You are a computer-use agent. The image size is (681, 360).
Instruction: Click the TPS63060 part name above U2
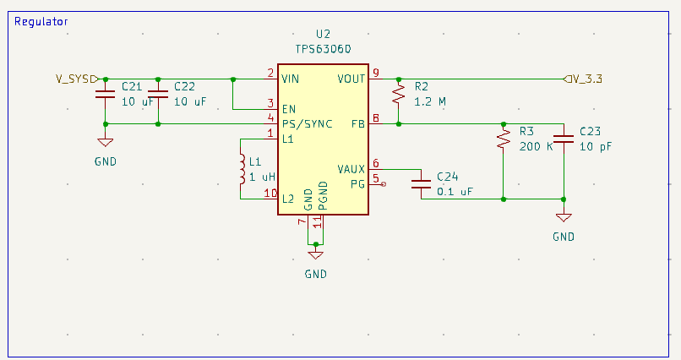click(x=323, y=49)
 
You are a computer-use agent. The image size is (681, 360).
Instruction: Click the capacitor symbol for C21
click(x=105, y=93)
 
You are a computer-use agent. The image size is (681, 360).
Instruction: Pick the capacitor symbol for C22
click(x=158, y=93)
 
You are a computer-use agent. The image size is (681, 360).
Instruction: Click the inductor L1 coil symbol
click(x=242, y=168)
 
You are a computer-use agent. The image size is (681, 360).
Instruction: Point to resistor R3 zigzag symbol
click(x=504, y=138)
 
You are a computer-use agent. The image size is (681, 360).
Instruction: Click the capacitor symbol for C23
click(x=563, y=138)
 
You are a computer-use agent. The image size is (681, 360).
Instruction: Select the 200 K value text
click(x=536, y=146)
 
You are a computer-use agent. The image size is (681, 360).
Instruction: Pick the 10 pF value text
click(x=596, y=146)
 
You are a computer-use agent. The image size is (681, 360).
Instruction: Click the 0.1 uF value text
click(x=455, y=192)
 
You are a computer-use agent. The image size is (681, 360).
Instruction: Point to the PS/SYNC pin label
click(x=307, y=123)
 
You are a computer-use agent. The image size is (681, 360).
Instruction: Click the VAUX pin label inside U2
click(x=351, y=169)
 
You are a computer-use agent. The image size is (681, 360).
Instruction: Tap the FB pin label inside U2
click(x=357, y=123)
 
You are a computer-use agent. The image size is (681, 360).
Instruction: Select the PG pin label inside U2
click(x=357, y=183)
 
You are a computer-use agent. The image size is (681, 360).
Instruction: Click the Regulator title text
click(x=41, y=21)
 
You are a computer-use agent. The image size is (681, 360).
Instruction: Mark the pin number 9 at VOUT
click(x=376, y=72)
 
